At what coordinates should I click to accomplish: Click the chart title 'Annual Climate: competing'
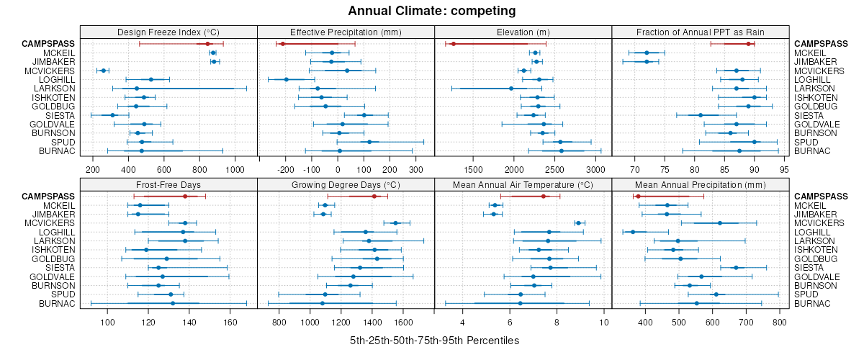431,11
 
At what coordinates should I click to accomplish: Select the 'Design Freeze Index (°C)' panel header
168,32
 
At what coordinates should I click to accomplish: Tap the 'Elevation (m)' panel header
523,32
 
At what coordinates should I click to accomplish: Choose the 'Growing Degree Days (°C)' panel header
346,185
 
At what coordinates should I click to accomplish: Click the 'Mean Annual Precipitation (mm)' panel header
700,185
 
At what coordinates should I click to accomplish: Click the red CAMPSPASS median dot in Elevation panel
454,44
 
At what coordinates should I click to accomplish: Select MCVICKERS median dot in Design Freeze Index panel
104,71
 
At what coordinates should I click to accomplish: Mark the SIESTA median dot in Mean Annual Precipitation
736,267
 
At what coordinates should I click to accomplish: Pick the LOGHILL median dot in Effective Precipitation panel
287,79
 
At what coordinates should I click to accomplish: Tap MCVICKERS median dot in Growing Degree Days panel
395,223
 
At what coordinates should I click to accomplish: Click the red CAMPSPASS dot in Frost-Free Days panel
185,197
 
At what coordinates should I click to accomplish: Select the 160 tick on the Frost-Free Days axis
230,323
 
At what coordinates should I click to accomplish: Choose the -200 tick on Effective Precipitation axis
286,170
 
